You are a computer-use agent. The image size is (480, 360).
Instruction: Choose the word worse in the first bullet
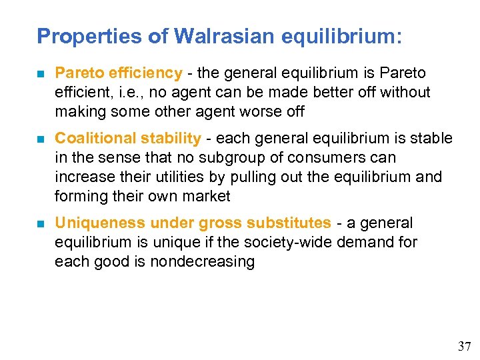coord(254,111)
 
